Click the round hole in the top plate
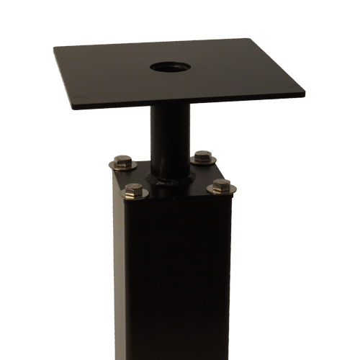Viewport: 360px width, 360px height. [168, 68]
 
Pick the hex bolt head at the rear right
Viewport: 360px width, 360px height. [204, 156]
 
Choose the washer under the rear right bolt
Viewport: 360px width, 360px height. [204, 161]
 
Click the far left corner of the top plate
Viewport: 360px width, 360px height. [55, 48]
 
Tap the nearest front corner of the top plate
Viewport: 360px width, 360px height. [75, 109]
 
